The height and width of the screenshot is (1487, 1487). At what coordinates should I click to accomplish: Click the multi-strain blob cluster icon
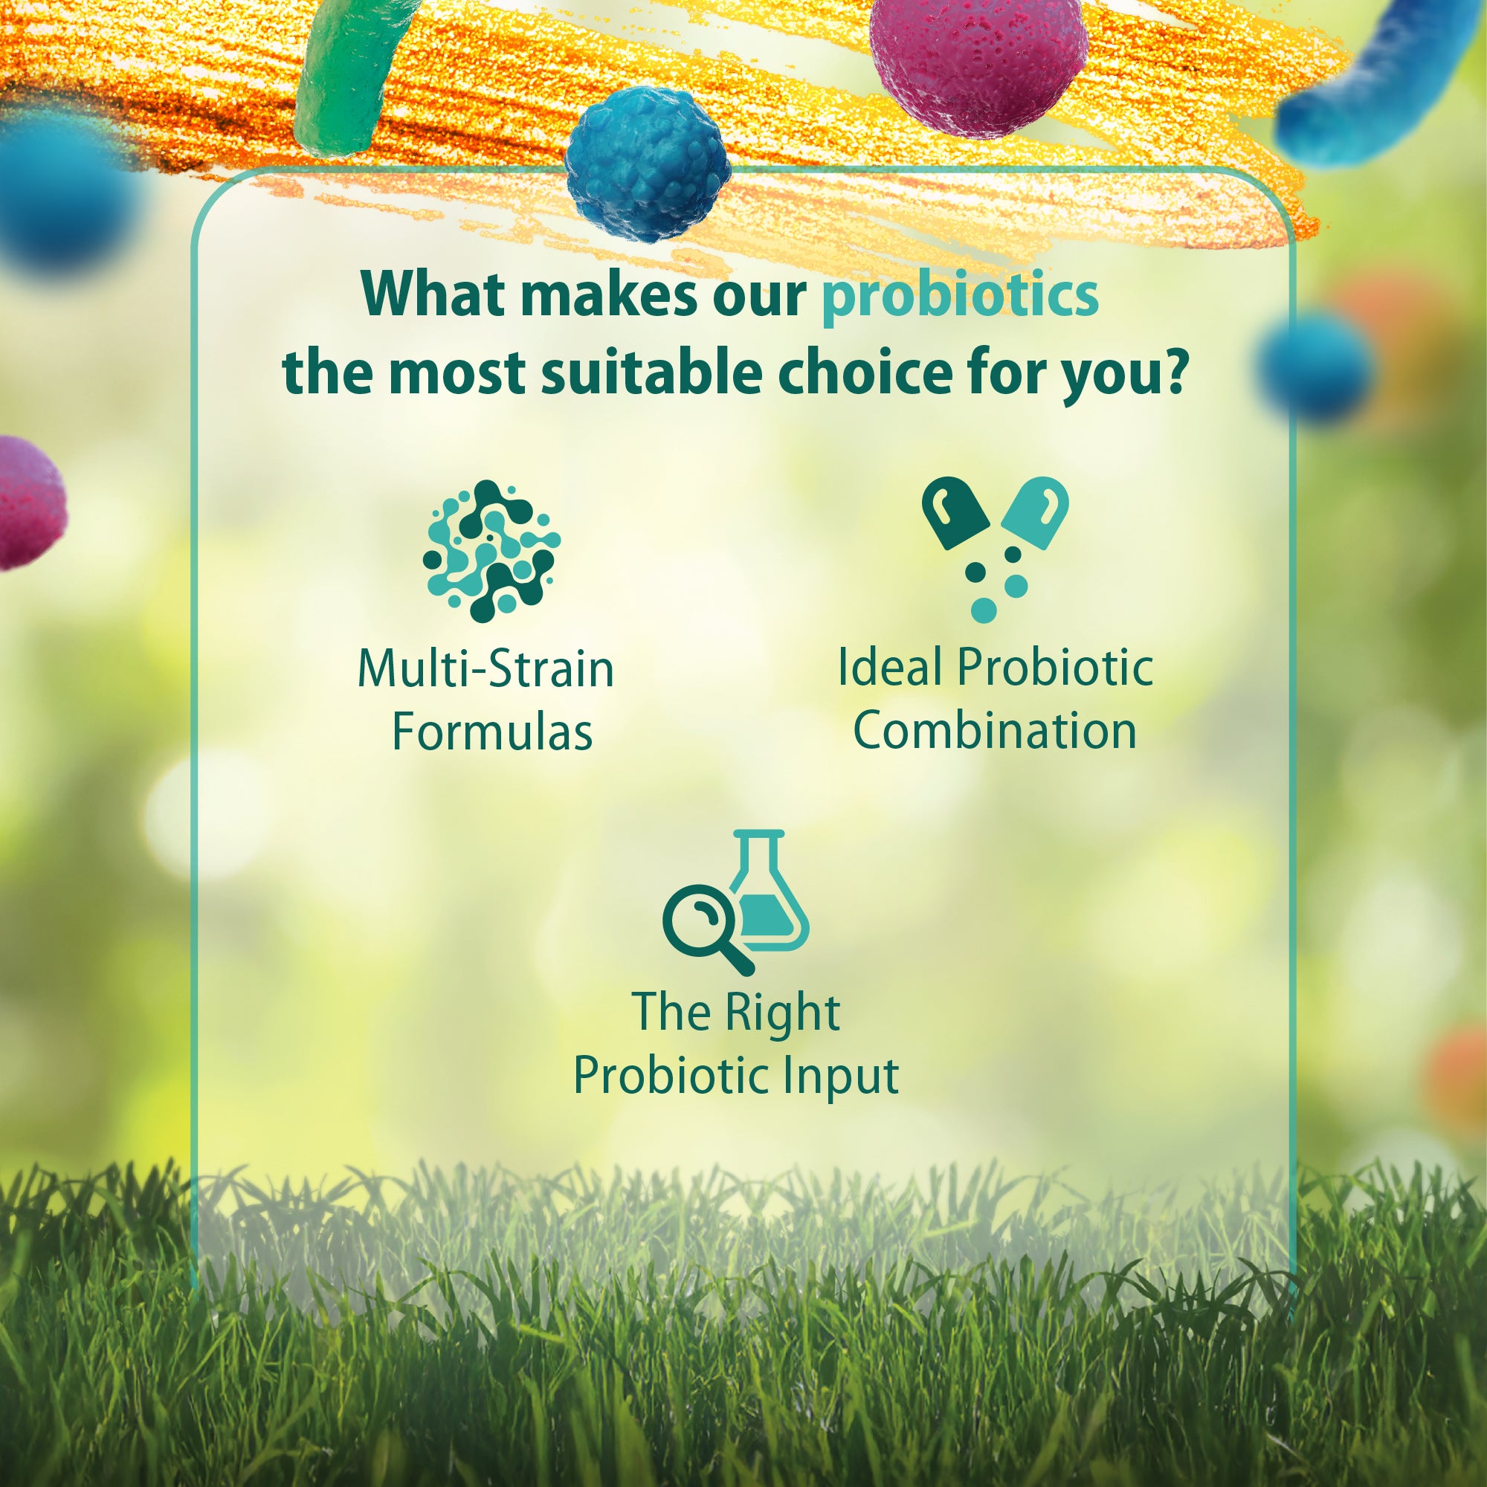491,551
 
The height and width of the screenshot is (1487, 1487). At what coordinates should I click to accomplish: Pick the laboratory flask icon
767,891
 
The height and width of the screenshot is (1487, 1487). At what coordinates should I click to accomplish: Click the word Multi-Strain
486,668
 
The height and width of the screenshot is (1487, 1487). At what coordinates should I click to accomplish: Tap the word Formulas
491,731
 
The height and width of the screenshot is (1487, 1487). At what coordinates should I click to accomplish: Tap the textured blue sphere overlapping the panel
648,163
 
